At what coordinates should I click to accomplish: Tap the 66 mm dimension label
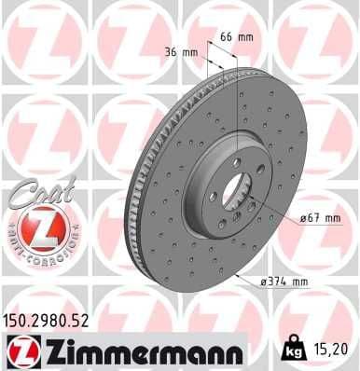242,36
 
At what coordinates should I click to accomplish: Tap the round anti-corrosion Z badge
35,227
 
